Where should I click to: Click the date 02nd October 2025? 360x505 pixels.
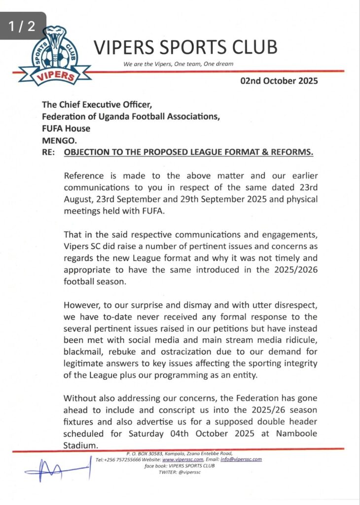pos(279,81)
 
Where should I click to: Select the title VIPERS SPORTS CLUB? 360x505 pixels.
pos(185,47)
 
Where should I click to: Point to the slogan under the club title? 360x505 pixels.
pos(178,64)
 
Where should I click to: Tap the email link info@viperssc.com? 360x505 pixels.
pos(241,459)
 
